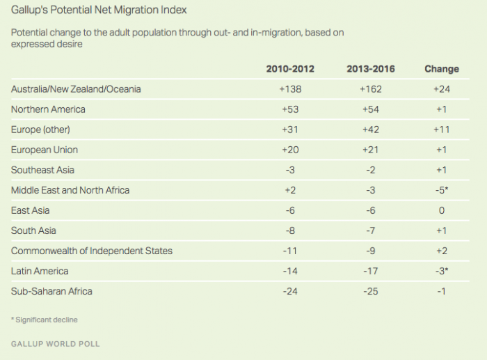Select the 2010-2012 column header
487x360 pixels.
click(x=290, y=69)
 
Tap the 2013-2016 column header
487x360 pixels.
click(x=371, y=69)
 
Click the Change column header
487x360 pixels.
click(x=441, y=69)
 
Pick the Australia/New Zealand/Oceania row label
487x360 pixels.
click(x=76, y=89)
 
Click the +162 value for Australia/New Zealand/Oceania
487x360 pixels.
click(x=371, y=89)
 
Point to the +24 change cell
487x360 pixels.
click(x=441, y=89)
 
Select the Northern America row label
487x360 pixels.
click(x=48, y=109)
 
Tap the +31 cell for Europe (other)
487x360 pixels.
click(x=290, y=130)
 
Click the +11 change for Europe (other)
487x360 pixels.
click(x=441, y=130)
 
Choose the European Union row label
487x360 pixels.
click(x=45, y=150)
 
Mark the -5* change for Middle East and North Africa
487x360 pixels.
click(x=442, y=190)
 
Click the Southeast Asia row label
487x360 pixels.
click(x=42, y=170)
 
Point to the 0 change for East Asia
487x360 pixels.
click(x=441, y=210)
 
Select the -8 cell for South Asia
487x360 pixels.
click(x=290, y=230)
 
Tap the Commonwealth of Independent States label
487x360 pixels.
click(x=92, y=251)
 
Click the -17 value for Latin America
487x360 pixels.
click(x=371, y=271)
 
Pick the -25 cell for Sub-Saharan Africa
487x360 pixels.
click(x=371, y=291)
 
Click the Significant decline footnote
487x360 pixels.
click(x=44, y=320)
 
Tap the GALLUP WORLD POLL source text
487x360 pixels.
click(x=56, y=344)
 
